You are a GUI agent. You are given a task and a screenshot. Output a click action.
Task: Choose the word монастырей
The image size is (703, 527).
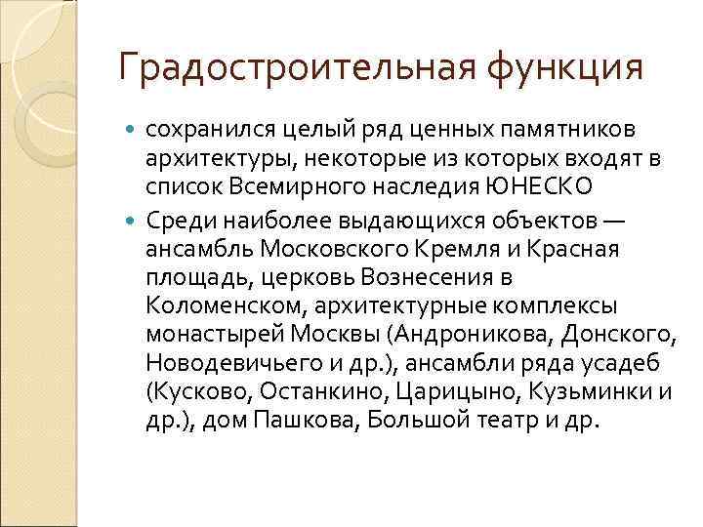215,334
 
